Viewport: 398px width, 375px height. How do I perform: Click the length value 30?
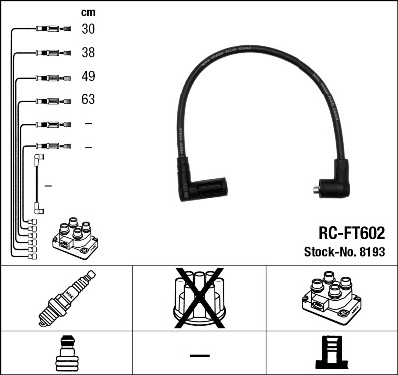click(88, 30)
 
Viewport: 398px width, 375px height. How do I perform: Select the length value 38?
click(88, 53)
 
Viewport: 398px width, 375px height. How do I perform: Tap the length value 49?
click(88, 77)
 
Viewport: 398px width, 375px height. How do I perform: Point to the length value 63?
click(88, 100)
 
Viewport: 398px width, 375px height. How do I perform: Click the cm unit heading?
click(87, 11)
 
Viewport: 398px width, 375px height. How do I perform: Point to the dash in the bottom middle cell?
click(199, 355)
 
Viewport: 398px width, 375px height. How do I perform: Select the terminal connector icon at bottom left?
click(66, 353)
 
